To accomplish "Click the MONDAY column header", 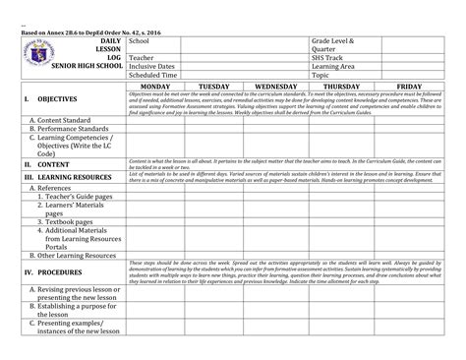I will click(x=160, y=87).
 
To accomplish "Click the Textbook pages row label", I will click(x=70, y=222).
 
